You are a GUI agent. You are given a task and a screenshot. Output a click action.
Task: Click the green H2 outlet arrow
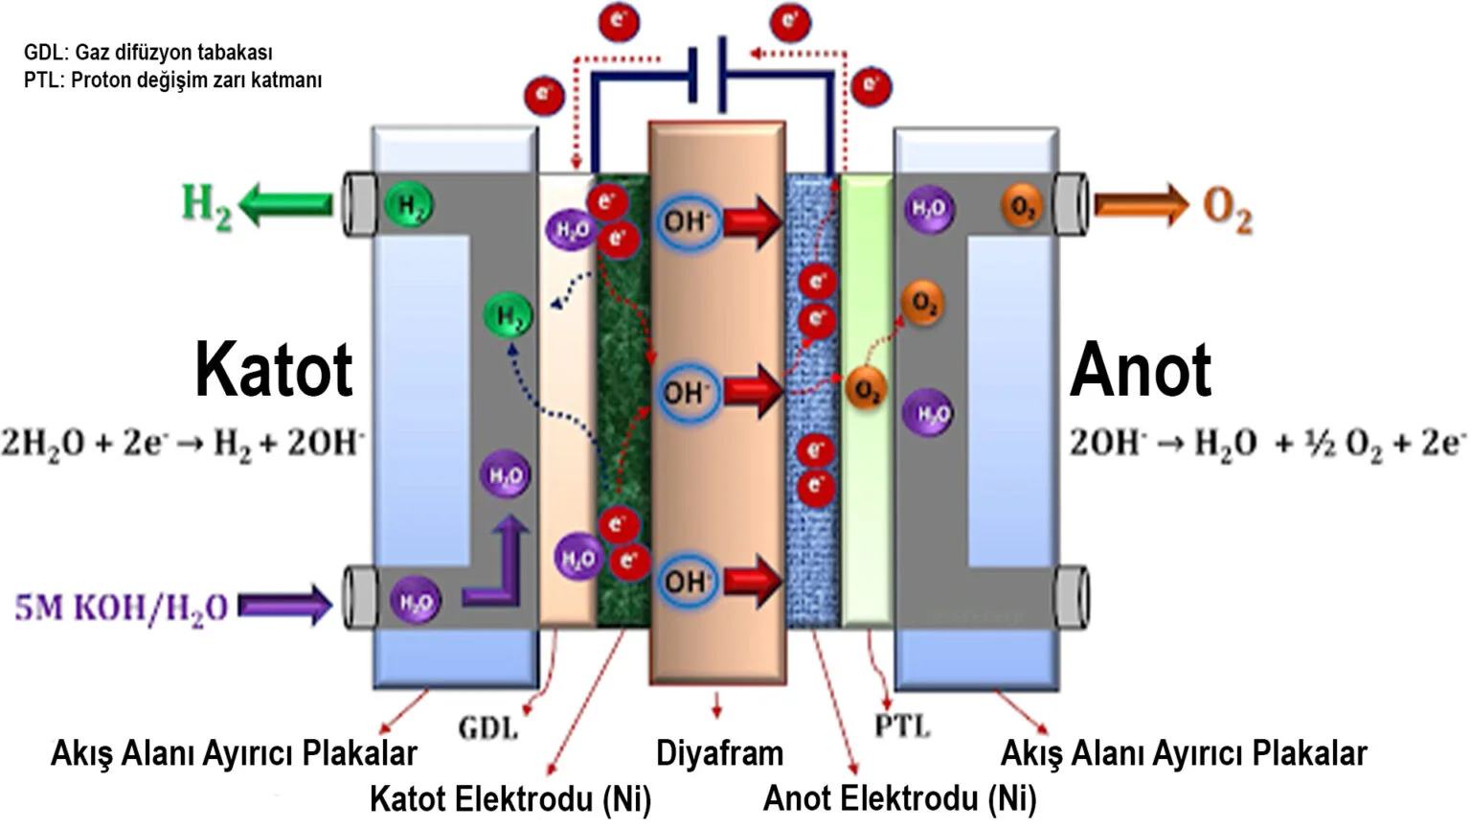[285, 204]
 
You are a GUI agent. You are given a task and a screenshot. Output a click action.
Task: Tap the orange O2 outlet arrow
[1141, 205]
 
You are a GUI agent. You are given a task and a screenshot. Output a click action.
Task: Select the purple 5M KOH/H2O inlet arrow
[284, 605]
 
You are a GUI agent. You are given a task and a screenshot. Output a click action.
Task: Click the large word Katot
[274, 370]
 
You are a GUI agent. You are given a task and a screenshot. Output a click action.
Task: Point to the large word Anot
[1140, 370]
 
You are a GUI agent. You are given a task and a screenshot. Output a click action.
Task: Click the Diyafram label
[719, 753]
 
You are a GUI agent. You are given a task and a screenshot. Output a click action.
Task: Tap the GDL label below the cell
[488, 728]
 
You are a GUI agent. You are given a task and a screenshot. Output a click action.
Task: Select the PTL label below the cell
[902, 726]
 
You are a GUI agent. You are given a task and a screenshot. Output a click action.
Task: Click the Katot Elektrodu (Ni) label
[509, 798]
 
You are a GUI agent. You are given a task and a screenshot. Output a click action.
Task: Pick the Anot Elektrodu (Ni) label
[899, 798]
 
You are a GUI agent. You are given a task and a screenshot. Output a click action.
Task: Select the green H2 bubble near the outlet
[409, 205]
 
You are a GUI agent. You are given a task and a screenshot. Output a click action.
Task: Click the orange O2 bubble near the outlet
[1022, 207]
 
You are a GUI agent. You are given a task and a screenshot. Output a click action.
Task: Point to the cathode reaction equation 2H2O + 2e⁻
[182, 443]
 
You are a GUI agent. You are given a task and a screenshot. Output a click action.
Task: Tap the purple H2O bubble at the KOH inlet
[416, 603]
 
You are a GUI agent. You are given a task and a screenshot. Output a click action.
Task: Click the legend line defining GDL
[148, 53]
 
